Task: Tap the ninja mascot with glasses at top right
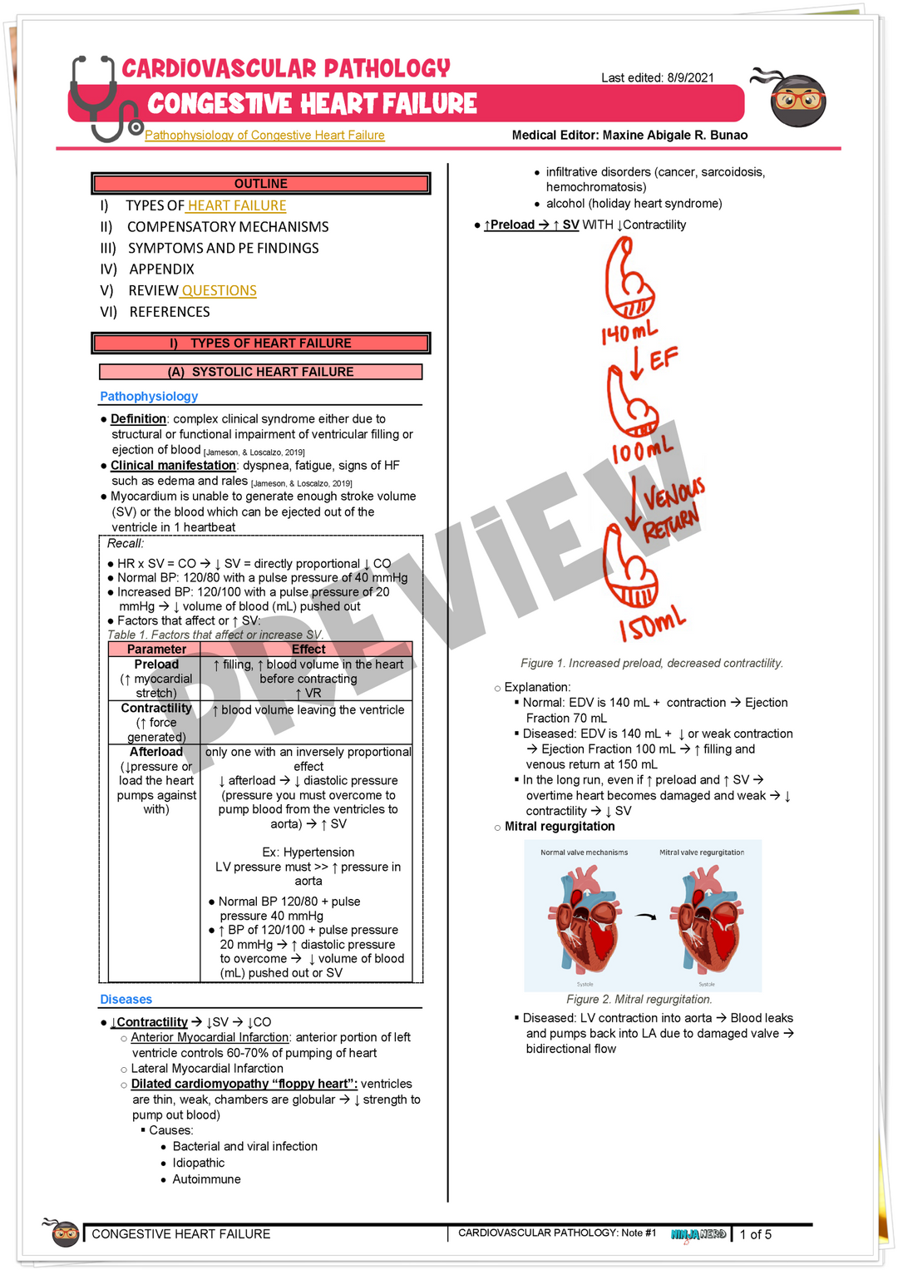pyautogui.click(x=796, y=98)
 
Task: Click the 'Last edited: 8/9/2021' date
pyautogui.click(x=657, y=78)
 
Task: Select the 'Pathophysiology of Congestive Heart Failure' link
pyautogui.click(x=264, y=136)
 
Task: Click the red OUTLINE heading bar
pyautogui.click(x=260, y=184)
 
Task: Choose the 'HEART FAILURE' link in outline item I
pyautogui.click(x=237, y=206)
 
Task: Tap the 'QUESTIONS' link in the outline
pyautogui.click(x=219, y=291)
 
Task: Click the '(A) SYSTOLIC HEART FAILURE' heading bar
pyautogui.click(x=260, y=372)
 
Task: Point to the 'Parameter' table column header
pyautogui.click(x=156, y=650)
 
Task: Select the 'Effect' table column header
pyautogui.click(x=308, y=650)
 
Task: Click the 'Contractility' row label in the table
pyautogui.click(x=156, y=709)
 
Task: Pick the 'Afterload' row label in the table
pyautogui.click(x=156, y=752)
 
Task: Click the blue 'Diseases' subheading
pyautogui.click(x=126, y=1000)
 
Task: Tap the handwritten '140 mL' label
pyautogui.click(x=629, y=334)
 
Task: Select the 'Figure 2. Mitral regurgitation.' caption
pyautogui.click(x=639, y=1000)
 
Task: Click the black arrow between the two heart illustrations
pyautogui.click(x=645, y=917)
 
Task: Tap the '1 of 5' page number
pyautogui.click(x=756, y=1235)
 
